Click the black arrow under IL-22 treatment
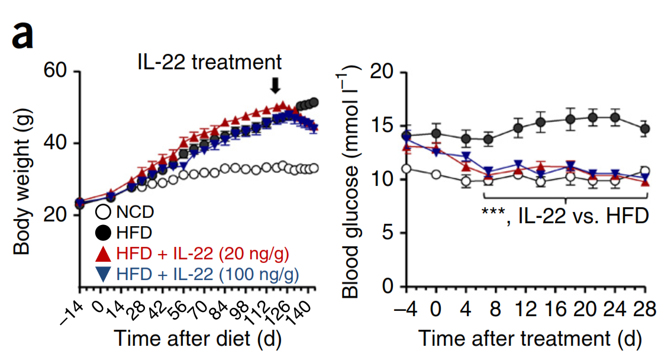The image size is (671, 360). coord(275,85)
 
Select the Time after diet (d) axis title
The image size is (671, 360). coord(197,339)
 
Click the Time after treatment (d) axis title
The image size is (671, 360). coord(530,339)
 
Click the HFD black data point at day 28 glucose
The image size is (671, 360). coord(646,128)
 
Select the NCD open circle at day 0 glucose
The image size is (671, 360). coord(436,174)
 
